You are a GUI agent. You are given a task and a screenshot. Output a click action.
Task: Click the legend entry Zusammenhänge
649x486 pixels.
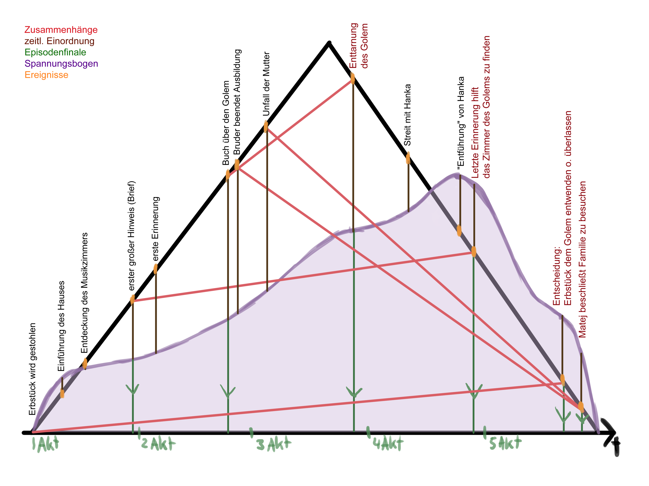coord(61,30)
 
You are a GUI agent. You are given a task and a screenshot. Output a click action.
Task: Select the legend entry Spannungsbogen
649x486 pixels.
coord(61,64)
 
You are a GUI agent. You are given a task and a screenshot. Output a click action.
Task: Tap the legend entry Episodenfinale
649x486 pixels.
coord(55,52)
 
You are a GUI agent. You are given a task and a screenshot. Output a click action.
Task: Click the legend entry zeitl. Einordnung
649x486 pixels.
coord(59,41)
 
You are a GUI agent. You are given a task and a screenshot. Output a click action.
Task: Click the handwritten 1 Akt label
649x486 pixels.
coord(45,444)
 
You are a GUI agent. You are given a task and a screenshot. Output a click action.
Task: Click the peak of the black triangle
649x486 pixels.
coord(329,43)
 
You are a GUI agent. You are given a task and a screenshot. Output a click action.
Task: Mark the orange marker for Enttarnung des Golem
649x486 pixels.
coord(353,78)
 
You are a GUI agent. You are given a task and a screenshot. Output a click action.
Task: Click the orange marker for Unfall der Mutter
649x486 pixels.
coord(266,127)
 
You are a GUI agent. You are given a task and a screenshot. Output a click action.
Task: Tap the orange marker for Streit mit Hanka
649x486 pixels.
coord(408,158)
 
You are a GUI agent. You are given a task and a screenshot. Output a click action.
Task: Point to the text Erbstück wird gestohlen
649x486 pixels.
coord(32,369)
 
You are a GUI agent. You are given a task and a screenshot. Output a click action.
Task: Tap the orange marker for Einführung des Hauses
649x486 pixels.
coord(62,393)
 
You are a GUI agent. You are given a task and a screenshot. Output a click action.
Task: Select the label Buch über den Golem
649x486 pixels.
coord(226,123)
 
